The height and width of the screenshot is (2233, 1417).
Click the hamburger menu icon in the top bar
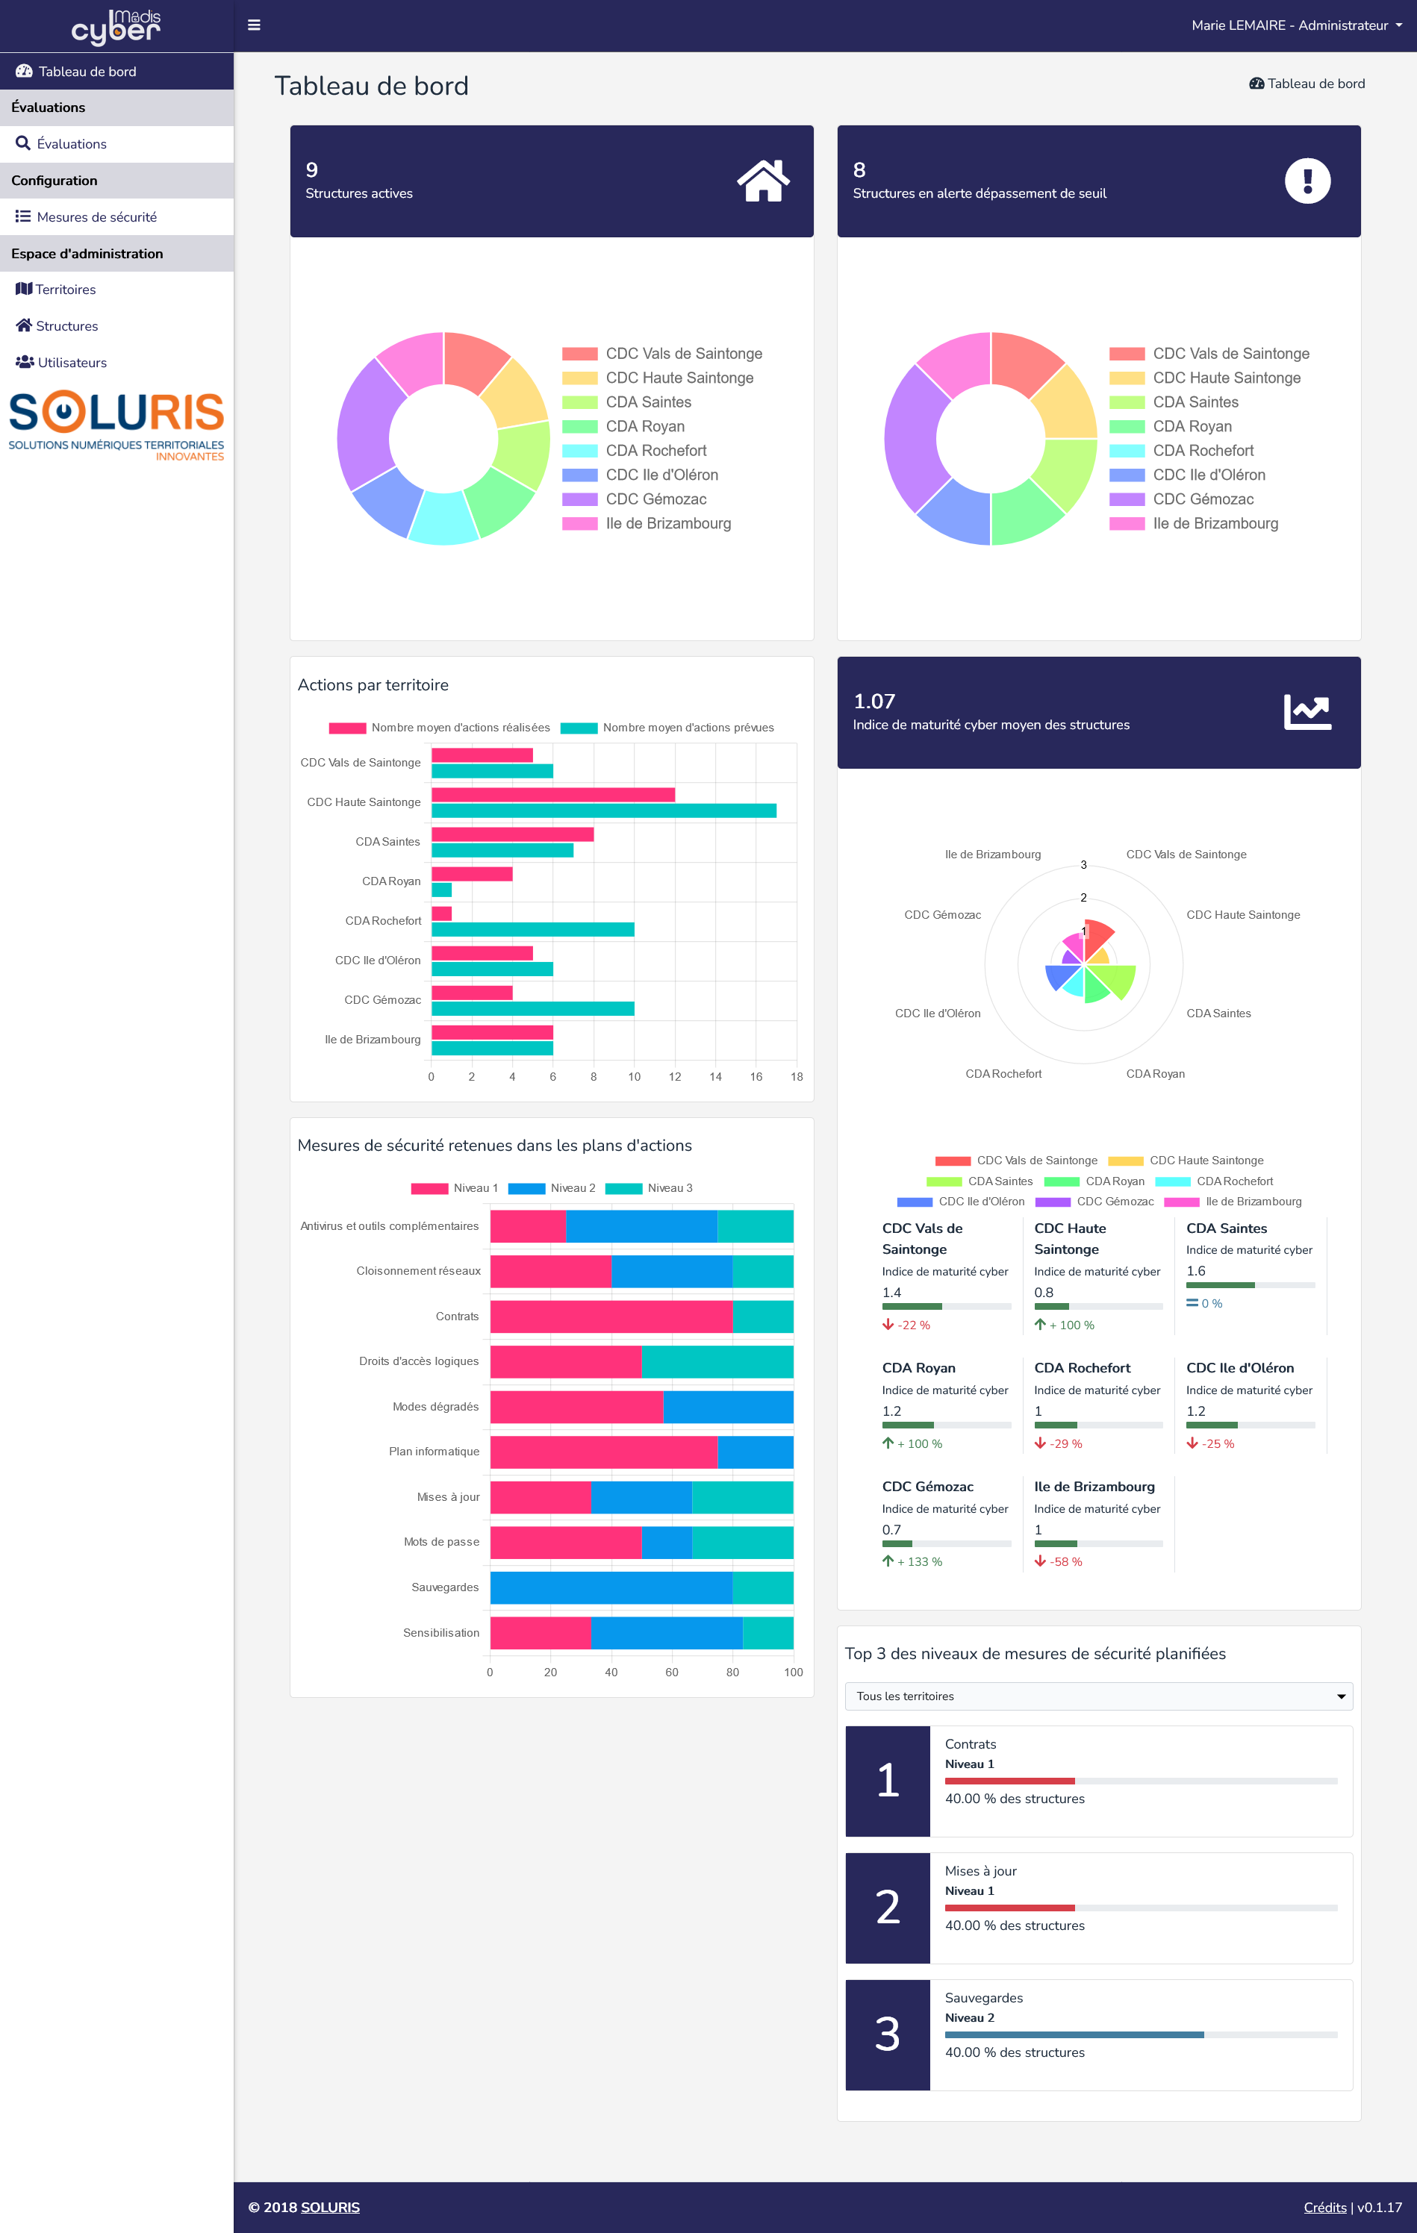click(253, 25)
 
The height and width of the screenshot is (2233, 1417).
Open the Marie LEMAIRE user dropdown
click(1295, 25)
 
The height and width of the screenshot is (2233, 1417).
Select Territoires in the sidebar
click(65, 290)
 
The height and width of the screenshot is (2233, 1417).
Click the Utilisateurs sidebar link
click(72, 363)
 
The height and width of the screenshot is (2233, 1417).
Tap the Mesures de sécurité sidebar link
click(96, 217)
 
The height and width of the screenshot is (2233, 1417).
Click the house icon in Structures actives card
click(762, 181)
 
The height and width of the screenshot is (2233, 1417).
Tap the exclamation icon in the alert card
click(1307, 181)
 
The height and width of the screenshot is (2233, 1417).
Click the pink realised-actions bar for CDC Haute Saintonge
click(552, 795)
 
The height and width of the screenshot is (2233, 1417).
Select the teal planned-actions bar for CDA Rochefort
click(532, 929)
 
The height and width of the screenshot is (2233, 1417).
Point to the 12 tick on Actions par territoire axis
click(674, 1077)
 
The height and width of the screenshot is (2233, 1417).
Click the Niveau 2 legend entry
click(552, 1188)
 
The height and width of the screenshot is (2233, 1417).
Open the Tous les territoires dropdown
click(1098, 1696)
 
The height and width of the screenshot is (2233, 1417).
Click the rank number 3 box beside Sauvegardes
click(888, 2034)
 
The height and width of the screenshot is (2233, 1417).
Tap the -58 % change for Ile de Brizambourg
click(1065, 1561)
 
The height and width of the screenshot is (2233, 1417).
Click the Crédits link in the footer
click(1324, 2207)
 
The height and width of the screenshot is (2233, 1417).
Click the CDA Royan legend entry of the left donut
click(644, 427)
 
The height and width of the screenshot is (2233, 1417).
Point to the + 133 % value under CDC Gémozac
click(918, 1561)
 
